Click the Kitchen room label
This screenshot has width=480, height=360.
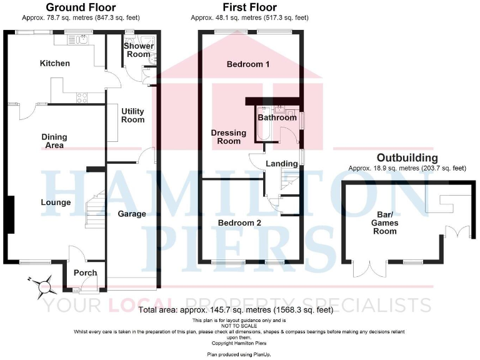[55, 63]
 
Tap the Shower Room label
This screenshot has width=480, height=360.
[137, 50]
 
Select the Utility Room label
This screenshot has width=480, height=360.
[132, 115]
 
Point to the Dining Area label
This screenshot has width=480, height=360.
[54, 141]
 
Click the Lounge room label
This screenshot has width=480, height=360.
[56, 202]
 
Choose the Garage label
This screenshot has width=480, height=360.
[132, 214]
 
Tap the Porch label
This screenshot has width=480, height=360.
[84, 272]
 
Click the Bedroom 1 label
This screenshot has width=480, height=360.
[248, 64]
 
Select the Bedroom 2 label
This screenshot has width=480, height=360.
[239, 222]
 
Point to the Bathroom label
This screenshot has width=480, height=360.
[277, 117]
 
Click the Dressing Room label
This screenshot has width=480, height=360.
[226, 137]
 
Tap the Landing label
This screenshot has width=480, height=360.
[282, 164]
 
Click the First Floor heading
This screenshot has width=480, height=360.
[249, 7]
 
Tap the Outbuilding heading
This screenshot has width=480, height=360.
[407, 157]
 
